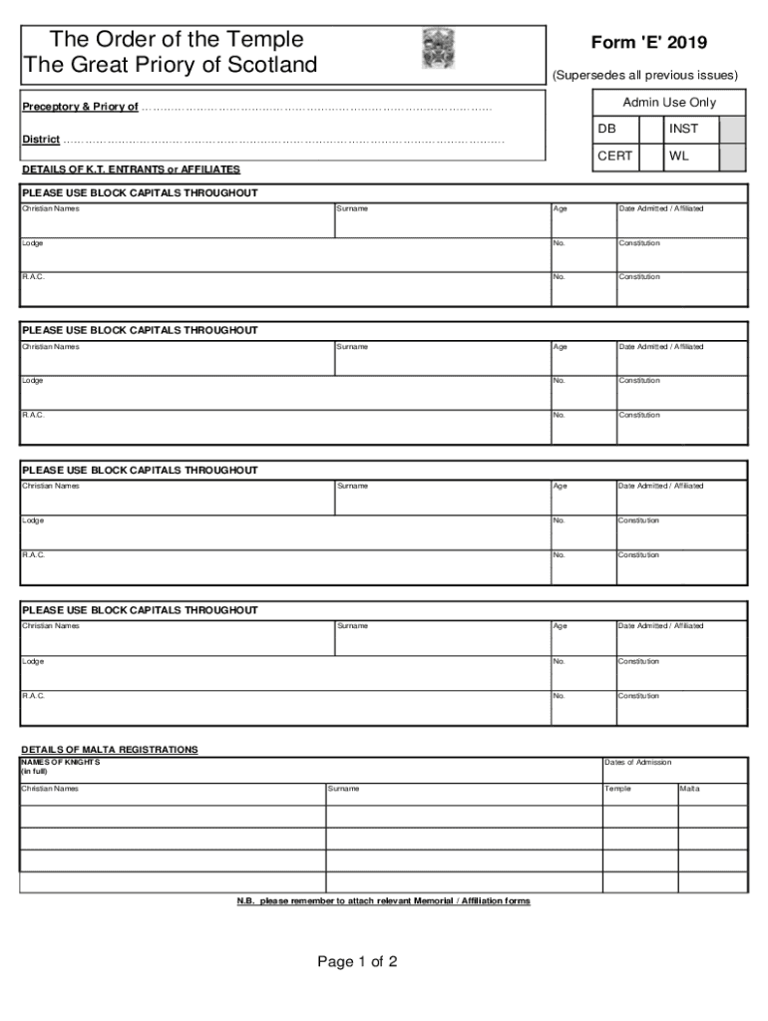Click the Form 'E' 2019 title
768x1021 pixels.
point(648,42)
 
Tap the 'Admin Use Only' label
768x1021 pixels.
point(669,102)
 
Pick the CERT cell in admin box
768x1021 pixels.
point(614,157)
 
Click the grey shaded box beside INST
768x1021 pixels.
point(732,130)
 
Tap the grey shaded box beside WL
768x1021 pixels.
point(732,158)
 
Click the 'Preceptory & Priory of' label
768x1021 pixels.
point(80,107)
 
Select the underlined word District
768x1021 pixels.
point(41,140)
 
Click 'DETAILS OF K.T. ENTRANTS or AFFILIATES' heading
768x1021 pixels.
point(131,170)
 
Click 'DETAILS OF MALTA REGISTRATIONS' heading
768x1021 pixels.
point(110,749)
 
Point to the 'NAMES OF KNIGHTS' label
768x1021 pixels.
point(61,762)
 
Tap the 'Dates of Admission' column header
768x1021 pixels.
point(637,762)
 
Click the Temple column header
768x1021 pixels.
point(617,789)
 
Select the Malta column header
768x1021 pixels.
point(689,789)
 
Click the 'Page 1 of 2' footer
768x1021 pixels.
point(357,962)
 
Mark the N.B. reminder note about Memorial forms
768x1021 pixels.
point(383,901)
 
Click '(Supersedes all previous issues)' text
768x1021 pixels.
point(645,75)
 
